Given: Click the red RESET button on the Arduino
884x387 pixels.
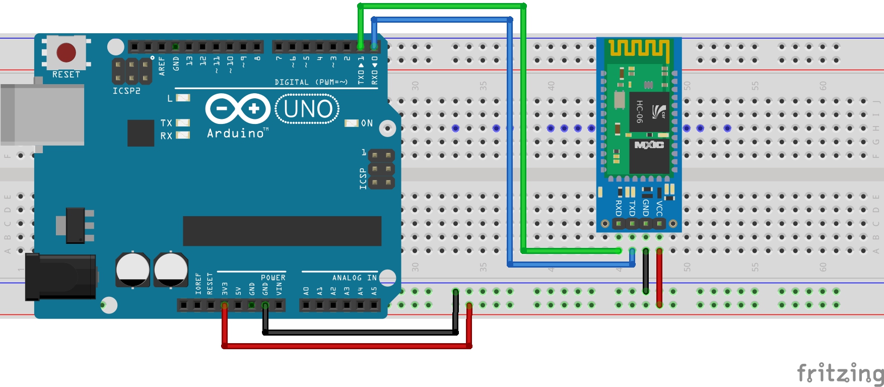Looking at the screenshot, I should click(x=66, y=52).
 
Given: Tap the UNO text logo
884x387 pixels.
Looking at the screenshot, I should click(x=307, y=109).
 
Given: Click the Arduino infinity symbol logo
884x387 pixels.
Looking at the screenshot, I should click(x=238, y=109).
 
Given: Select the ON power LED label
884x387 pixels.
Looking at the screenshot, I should click(x=367, y=123).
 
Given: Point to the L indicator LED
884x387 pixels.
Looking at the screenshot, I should click(x=183, y=98).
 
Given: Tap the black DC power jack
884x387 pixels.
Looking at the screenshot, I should click(x=60, y=276).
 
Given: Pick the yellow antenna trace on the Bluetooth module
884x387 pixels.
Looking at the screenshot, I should click(x=639, y=48).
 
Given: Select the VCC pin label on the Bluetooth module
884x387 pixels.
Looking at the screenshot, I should click(x=659, y=208).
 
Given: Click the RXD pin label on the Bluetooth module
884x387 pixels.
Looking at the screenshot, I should click(x=619, y=208).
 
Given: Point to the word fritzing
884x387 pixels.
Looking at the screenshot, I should click(x=840, y=373).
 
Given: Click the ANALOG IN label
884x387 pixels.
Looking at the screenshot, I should click(x=354, y=278).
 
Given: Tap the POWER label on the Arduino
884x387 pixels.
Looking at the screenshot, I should click(x=273, y=278).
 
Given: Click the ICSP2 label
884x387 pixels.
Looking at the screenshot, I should click(x=126, y=91).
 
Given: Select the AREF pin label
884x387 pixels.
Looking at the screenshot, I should click(x=162, y=66).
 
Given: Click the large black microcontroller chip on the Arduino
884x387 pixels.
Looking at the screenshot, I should click(x=282, y=231).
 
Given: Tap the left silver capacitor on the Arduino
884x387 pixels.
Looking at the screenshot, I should click(x=132, y=270).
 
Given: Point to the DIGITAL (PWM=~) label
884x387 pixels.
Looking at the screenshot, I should click(x=311, y=82).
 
